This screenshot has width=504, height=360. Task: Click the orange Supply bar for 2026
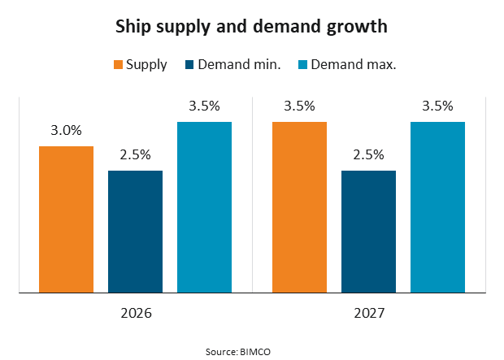pos(67,219)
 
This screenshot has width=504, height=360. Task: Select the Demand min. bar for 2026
pos(135,231)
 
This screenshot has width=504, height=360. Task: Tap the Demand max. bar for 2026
pos(204,206)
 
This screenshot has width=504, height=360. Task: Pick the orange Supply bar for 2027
pos(300,206)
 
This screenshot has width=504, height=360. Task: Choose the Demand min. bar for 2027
pos(368,231)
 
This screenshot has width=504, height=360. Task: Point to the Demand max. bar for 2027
pos(437,206)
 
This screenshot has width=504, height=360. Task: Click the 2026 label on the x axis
pos(135,313)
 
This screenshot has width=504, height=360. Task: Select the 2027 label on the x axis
pos(368,313)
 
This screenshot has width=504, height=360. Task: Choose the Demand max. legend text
pos(353,64)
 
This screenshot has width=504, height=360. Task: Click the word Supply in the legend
pos(146,64)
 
